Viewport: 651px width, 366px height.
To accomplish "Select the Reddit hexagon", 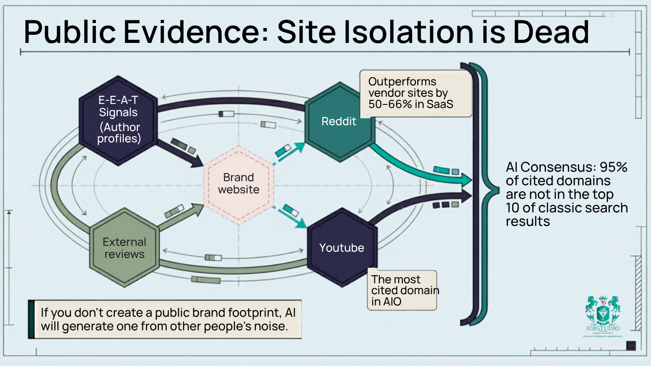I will (339, 122).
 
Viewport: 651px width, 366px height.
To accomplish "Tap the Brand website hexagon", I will (238, 184).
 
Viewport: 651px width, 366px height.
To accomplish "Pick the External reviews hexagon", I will (124, 248).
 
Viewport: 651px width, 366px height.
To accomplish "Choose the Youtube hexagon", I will (342, 248).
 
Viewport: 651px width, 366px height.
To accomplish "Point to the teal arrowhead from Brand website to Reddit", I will (299, 145).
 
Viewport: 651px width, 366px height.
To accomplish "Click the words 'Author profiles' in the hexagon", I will (119, 133).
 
